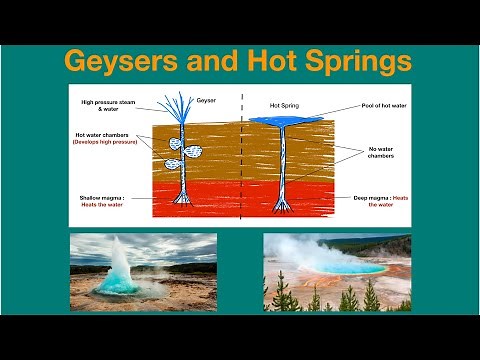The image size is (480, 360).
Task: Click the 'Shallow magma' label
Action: tap(105, 199)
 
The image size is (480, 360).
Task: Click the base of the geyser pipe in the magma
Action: tap(183, 199)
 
